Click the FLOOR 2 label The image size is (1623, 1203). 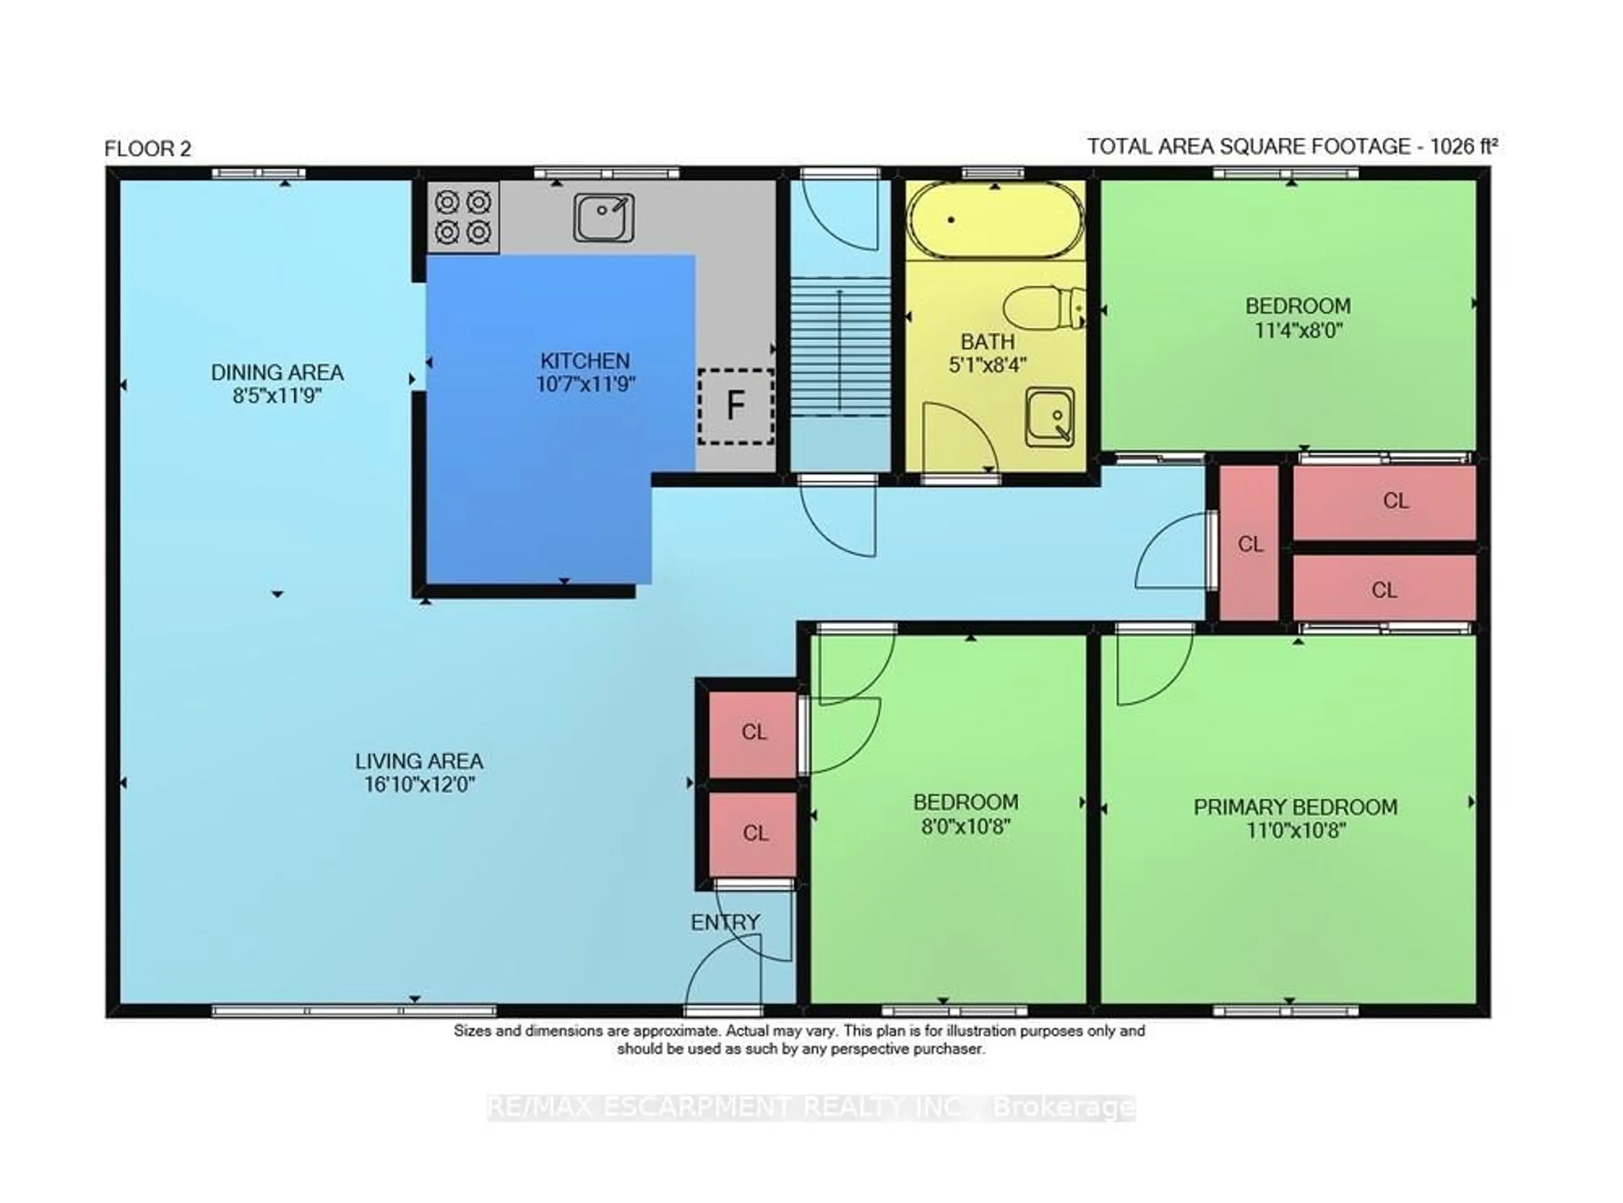click(x=148, y=149)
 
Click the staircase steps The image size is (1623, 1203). click(x=841, y=347)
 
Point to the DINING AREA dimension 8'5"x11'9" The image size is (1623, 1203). click(x=277, y=396)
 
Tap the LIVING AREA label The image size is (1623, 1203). click(x=419, y=762)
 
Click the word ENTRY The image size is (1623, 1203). click(x=725, y=923)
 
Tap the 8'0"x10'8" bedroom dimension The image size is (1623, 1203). click(x=966, y=827)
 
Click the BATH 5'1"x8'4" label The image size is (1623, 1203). click(x=988, y=353)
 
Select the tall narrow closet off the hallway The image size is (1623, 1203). click(x=1249, y=543)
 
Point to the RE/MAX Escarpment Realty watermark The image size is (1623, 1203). click(x=811, y=1107)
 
